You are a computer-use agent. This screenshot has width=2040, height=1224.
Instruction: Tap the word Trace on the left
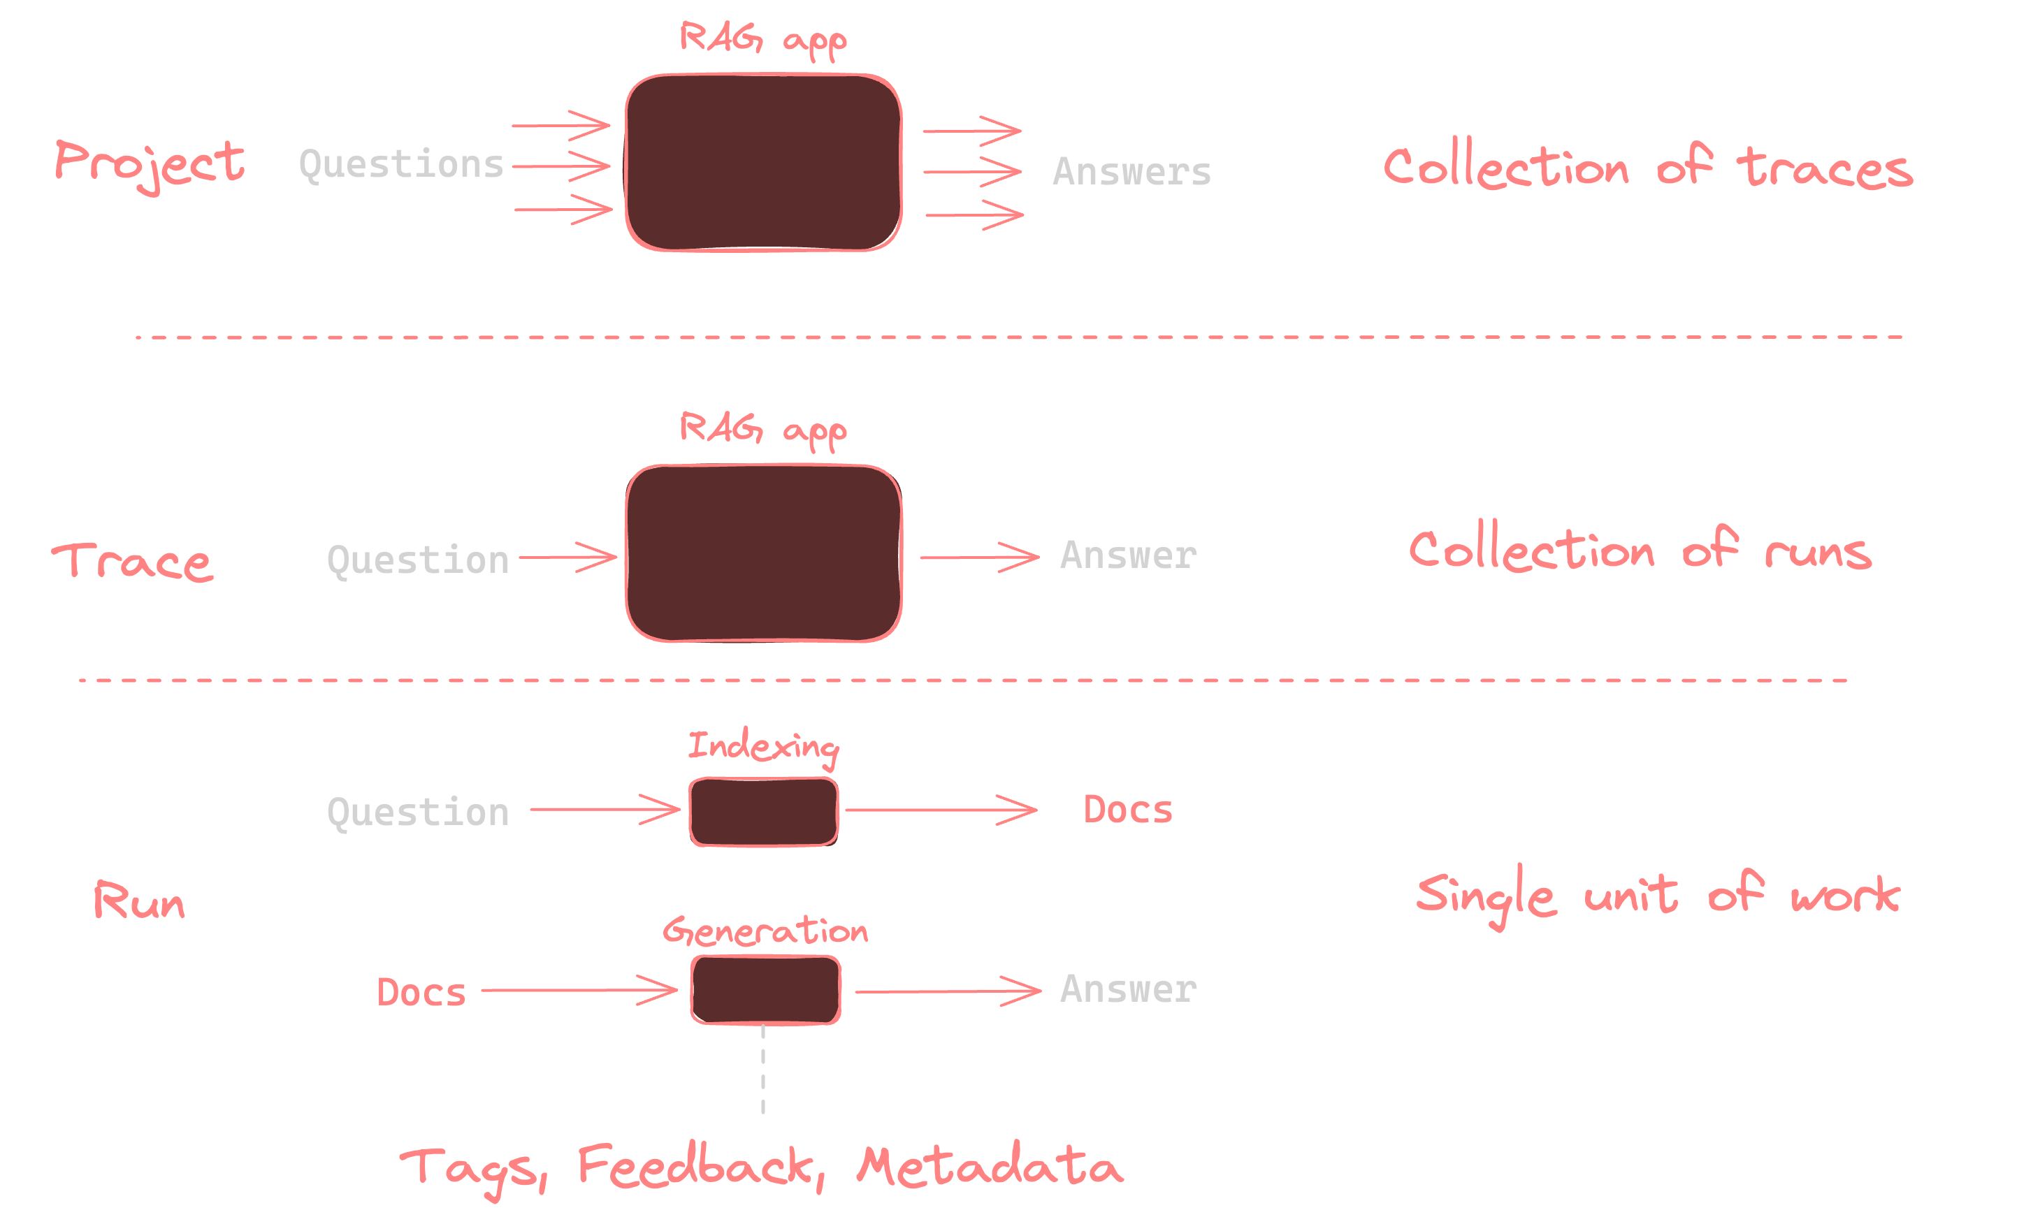click(133, 562)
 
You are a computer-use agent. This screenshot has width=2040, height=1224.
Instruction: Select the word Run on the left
click(138, 900)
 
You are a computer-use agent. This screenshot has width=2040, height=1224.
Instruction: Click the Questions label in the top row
click(401, 164)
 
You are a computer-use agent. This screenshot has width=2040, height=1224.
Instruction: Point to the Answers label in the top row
click(1131, 172)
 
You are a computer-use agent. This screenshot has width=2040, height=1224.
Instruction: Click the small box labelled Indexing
click(764, 812)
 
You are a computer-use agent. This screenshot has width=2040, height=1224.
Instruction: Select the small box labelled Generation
click(765, 990)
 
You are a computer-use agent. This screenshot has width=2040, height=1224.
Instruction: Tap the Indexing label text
click(763, 746)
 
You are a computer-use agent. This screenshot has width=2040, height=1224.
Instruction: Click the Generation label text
click(765, 931)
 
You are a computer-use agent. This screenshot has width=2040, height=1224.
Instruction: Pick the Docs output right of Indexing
click(1128, 810)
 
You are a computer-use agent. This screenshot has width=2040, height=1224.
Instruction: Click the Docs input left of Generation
click(421, 992)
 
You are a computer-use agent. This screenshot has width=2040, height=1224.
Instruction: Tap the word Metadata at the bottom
click(989, 1166)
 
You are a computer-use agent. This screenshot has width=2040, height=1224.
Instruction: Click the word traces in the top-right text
click(1824, 168)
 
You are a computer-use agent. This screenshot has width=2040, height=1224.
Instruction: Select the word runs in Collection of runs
click(1818, 552)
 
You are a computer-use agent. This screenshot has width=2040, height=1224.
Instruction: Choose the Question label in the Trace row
click(418, 560)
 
